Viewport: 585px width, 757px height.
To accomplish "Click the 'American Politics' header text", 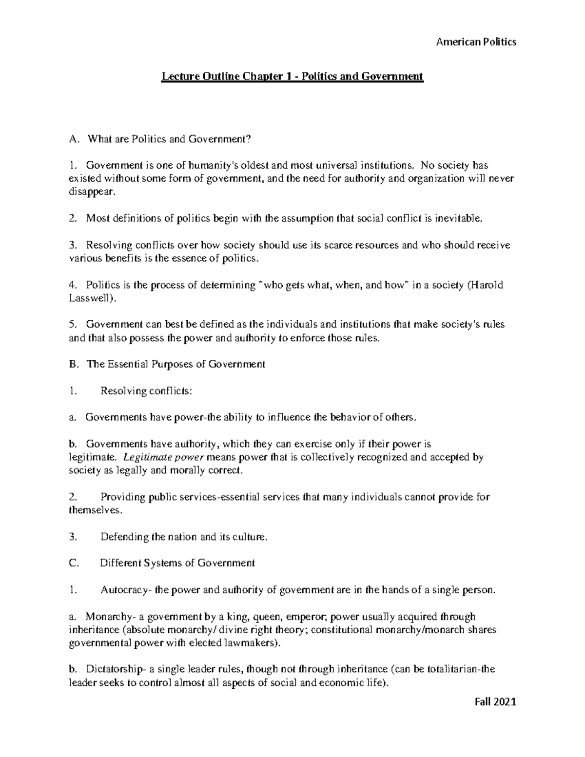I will point(476,42).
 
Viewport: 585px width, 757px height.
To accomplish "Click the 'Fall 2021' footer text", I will point(494,702).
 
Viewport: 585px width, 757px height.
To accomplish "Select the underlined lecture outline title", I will point(292,77).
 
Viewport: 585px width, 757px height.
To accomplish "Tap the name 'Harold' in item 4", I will point(487,285).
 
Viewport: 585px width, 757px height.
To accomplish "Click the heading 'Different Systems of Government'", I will point(177,563).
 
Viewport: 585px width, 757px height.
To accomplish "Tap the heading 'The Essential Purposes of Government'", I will point(175,364).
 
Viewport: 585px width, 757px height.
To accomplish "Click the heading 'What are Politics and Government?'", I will point(169,139).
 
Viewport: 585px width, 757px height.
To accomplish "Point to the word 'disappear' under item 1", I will point(92,192).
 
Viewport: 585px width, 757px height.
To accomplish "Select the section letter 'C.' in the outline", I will point(74,563).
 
